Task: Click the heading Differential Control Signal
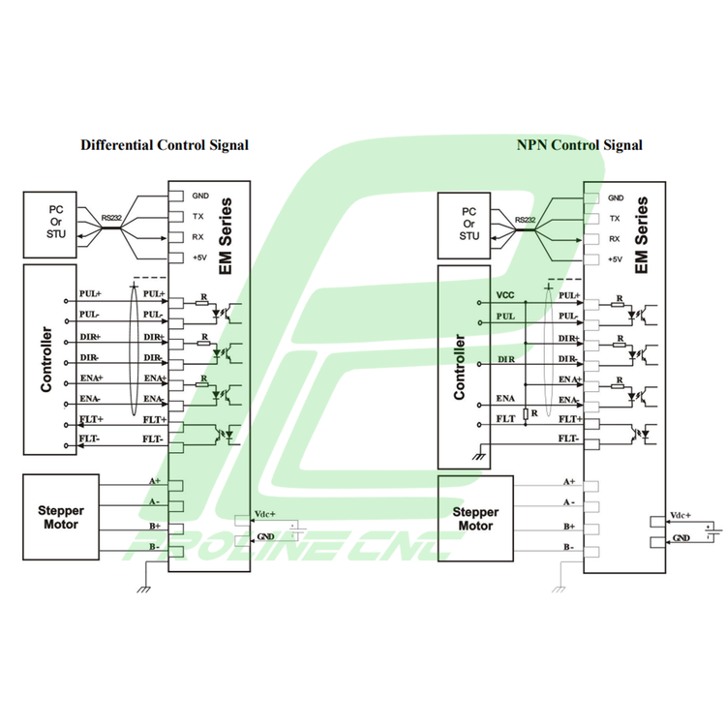[165, 145]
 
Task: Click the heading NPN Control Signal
[580, 145]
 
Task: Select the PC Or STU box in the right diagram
[469, 224]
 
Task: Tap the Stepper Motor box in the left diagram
[60, 518]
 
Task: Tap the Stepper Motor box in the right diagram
[476, 519]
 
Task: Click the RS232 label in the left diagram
[112, 219]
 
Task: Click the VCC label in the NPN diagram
[504, 294]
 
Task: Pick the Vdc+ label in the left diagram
[264, 514]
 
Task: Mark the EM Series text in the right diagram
[643, 237]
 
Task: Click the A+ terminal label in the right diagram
[569, 481]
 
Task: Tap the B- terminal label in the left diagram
[153, 547]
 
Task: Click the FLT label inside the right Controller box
[505, 418]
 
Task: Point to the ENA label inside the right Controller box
[505, 398]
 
